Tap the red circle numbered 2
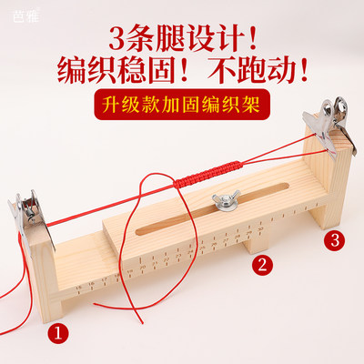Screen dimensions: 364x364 (x=263, y=266)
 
